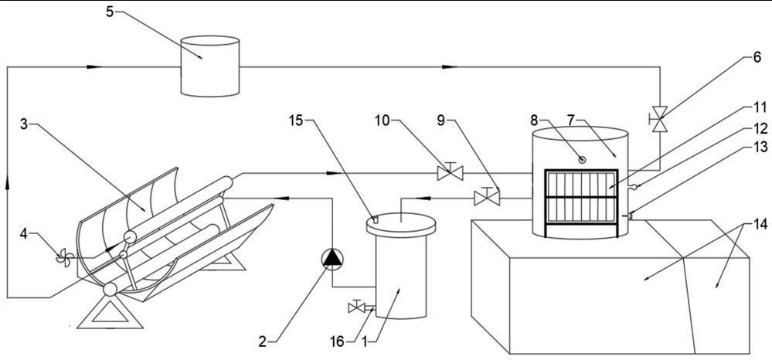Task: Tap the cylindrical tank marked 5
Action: pos(209,66)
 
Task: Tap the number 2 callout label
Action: pos(263,339)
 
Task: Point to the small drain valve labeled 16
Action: pos(358,307)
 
